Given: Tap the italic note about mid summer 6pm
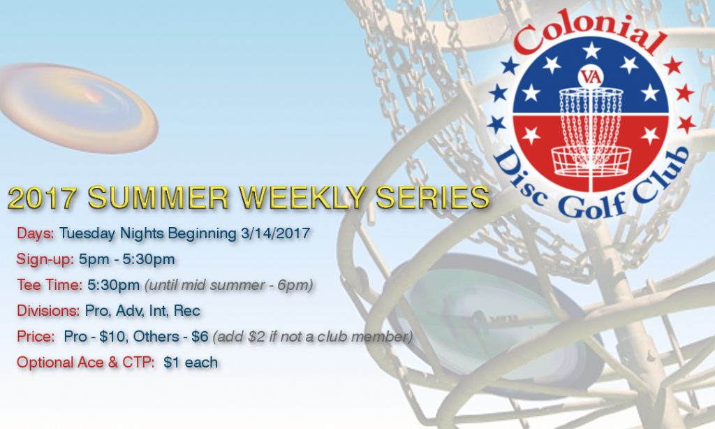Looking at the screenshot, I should click(x=228, y=284).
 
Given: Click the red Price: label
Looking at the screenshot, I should click(x=36, y=336).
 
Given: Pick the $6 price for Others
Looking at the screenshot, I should click(x=200, y=336).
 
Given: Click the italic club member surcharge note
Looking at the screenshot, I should click(x=314, y=336).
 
